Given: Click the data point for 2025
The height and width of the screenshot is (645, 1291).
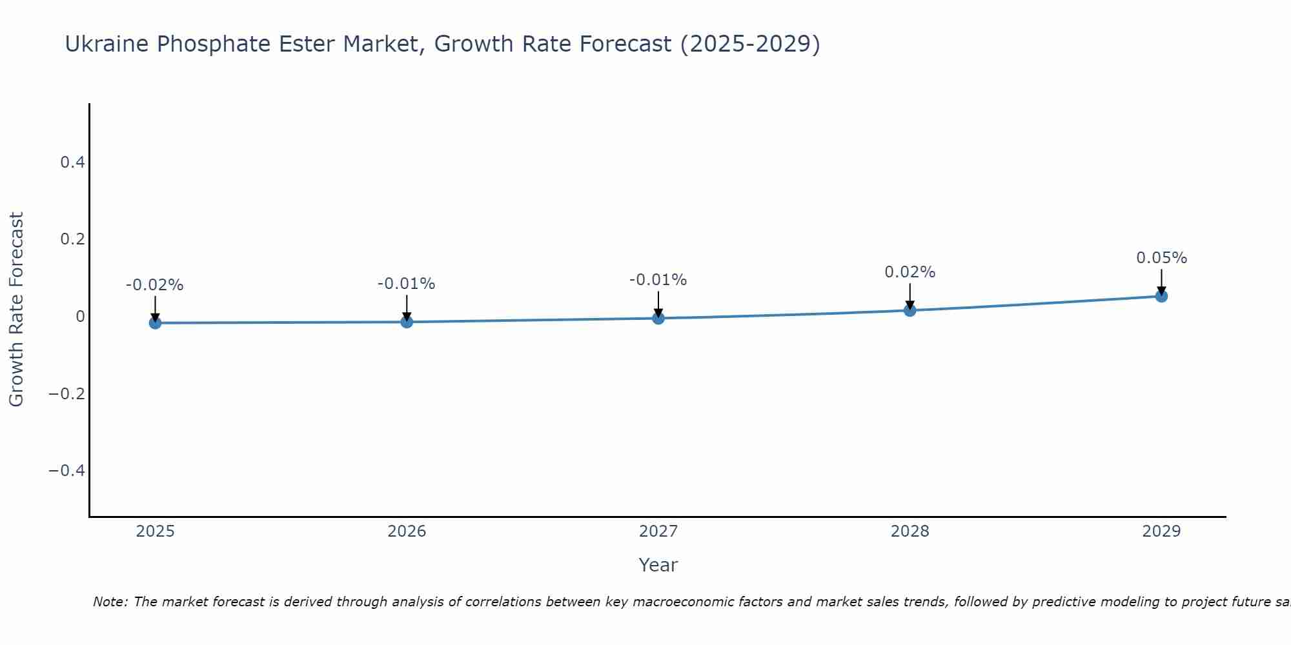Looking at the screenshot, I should [155, 322].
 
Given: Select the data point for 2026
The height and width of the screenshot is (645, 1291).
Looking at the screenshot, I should [407, 321].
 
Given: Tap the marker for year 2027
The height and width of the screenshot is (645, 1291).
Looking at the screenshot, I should [658, 318].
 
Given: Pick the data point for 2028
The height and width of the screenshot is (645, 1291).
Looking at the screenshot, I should [910, 310].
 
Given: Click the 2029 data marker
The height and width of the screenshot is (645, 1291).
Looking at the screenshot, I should [1161, 296].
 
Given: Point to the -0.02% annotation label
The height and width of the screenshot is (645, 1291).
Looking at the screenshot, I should [155, 285].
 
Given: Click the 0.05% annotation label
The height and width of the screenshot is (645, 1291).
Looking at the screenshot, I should [1161, 258].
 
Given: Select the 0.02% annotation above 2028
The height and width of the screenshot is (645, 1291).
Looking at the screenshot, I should [910, 272].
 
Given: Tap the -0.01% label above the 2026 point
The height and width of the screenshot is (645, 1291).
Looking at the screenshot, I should [407, 284].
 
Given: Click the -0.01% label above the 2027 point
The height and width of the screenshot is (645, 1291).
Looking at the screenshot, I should [658, 280].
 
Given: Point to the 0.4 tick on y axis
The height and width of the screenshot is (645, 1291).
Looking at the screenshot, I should [73, 163].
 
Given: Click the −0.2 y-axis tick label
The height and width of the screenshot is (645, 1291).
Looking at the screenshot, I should [67, 393].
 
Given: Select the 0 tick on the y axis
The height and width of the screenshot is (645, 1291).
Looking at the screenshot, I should [80, 317].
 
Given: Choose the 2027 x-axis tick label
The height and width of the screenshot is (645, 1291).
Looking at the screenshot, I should [658, 531].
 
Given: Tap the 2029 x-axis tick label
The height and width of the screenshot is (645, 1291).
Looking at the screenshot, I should [1161, 531].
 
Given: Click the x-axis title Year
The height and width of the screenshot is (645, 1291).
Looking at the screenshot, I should [658, 565].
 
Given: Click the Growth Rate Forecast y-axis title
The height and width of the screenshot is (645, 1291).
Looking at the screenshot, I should [16, 310].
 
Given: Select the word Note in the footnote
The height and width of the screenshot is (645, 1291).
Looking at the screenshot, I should [110, 602].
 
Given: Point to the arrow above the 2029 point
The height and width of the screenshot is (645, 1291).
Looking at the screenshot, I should [1161, 281].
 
